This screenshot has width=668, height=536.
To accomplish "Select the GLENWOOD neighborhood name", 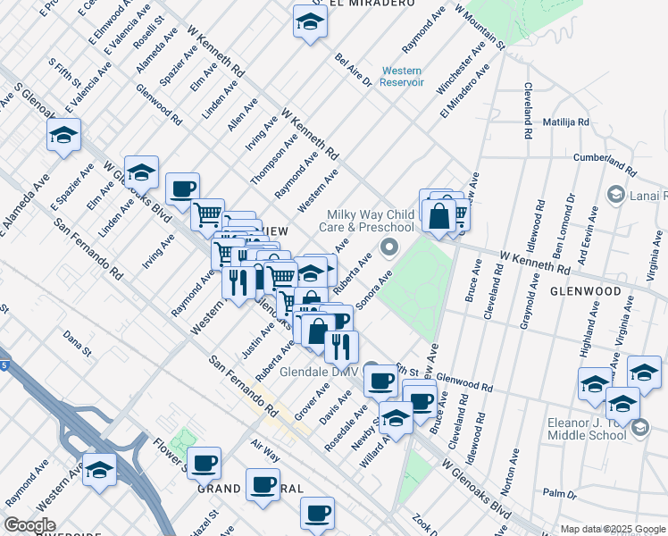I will pyautogui.click(x=586, y=291).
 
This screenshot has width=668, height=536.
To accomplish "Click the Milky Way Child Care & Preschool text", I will pyautogui.click(x=371, y=221).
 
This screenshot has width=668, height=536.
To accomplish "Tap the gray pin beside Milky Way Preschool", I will pyautogui.click(x=388, y=246).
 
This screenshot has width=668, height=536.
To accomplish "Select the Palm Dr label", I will pyautogui.click(x=560, y=493).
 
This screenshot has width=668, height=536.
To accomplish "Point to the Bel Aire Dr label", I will pyautogui.click(x=353, y=70).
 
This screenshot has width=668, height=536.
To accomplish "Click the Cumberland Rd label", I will pyautogui.click(x=606, y=163).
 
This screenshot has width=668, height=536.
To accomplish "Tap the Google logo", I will pyautogui.click(x=29, y=525).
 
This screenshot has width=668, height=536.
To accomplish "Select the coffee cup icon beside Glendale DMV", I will pyautogui.click(x=381, y=380).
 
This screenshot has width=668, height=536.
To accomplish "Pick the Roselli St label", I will pyautogui.click(x=148, y=30).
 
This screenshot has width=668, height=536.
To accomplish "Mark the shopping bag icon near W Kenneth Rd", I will pyautogui.click(x=440, y=216).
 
